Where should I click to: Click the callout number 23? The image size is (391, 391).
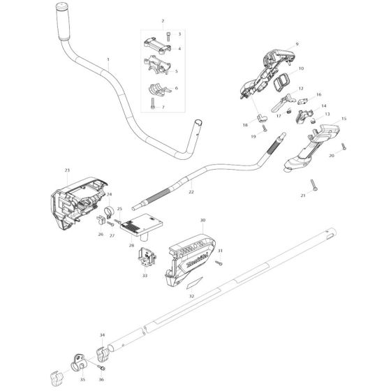(67, 170)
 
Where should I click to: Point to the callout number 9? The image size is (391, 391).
(297, 44)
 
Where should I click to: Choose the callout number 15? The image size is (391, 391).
(344, 119)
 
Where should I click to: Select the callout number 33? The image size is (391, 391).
(145, 276)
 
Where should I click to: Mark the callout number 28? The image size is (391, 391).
(131, 245)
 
